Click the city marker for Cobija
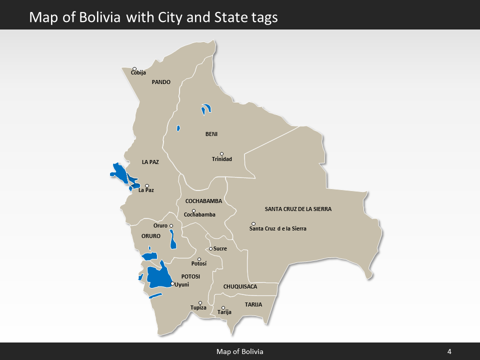[x=134, y=68]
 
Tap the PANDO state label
[x=161, y=82]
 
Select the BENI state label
[x=211, y=134]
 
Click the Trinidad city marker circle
[x=221, y=154]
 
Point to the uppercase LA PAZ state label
[x=150, y=162]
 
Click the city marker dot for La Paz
[x=146, y=185]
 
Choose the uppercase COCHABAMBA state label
[x=203, y=201]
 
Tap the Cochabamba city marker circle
[x=193, y=211]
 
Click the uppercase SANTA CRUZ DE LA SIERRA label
[x=298, y=209]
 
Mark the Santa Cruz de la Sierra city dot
[x=253, y=223]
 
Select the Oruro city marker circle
[x=171, y=226]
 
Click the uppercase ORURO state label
[x=151, y=236]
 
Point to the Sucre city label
[x=220, y=248]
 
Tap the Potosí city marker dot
[x=199, y=259]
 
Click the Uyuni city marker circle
[x=172, y=283]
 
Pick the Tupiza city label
[x=198, y=307]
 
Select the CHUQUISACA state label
[x=240, y=286]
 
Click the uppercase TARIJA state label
[x=253, y=304]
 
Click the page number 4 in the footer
[x=449, y=351]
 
